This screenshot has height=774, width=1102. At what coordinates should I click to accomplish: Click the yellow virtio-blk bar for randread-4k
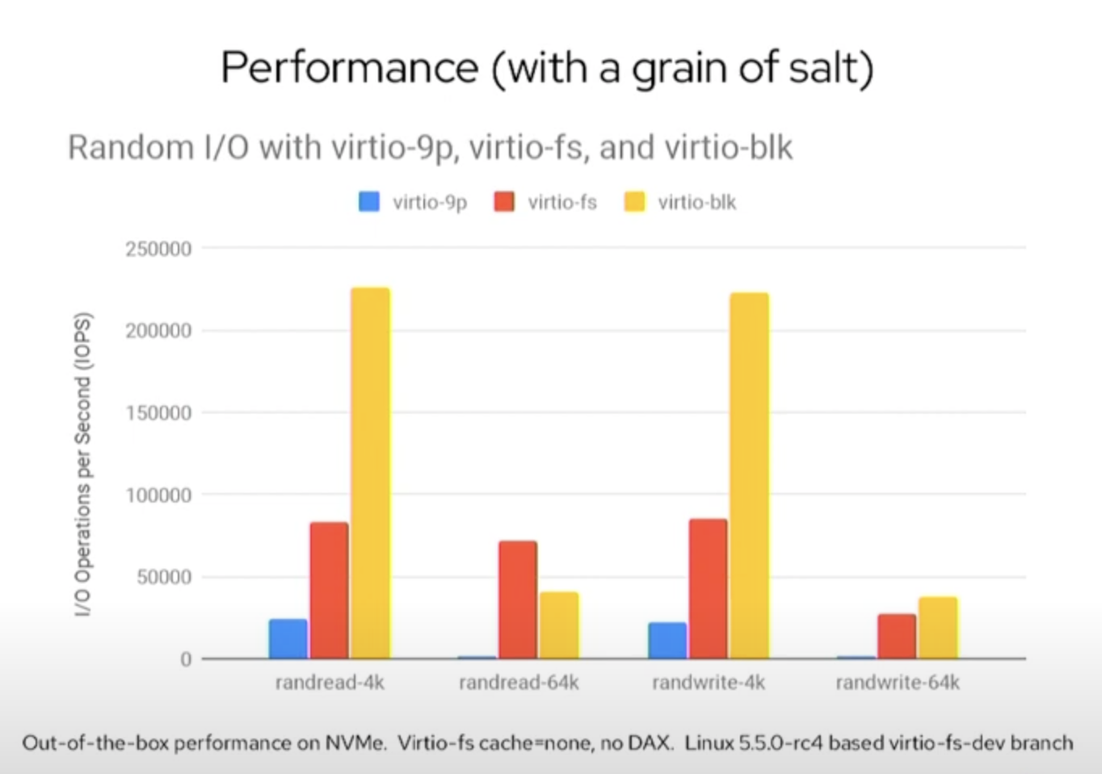[x=371, y=473]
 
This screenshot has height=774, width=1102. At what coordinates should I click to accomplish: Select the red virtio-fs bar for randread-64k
[x=518, y=599]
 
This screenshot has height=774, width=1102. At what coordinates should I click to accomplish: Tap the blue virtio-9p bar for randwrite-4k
[x=667, y=640]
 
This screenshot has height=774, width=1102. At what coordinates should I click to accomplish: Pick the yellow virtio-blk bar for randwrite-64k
[x=938, y=628]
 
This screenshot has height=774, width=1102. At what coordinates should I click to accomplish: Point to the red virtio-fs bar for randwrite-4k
[x=709, y=588]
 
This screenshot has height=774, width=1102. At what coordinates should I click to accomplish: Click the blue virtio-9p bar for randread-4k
[x=288, y=639]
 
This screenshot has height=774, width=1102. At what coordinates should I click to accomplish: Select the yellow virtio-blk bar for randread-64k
[x=559, y=625]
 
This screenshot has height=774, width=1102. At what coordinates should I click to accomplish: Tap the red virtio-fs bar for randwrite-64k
[x=897, y=636]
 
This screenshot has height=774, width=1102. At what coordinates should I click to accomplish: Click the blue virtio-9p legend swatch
[x=369, y=202]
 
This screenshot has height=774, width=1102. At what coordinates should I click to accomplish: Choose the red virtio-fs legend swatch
[x=504, y=202]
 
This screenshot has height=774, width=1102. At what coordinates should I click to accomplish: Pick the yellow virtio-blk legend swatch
[x=635, y=202]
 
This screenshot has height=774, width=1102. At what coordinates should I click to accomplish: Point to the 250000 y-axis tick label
[x=158, y=249]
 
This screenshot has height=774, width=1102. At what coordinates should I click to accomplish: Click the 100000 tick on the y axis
[x=158, y=495]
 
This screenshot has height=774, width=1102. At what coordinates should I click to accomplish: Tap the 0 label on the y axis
[x=186, y=659]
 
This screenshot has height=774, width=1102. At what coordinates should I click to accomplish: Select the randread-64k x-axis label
[x=519, y=683]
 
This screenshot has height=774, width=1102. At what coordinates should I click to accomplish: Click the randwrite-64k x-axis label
[x=898, y=683]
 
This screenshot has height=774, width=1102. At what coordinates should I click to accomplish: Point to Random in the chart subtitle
[x=131, y=147]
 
